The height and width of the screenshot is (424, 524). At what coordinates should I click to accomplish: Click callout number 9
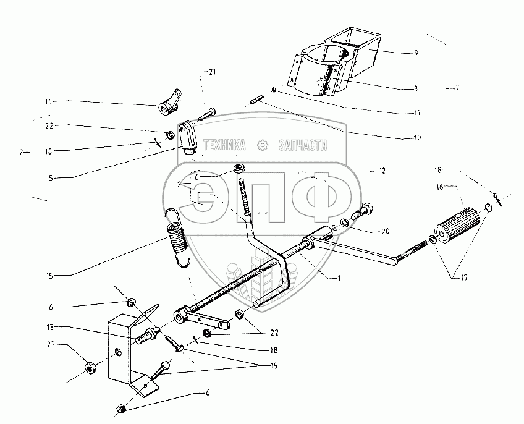416,53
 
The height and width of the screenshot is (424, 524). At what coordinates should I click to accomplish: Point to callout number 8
416,88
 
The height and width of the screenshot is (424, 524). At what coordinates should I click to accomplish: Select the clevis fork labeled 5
187,137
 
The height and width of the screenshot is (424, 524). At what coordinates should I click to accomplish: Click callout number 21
212,73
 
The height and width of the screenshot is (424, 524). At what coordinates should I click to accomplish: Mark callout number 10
416,137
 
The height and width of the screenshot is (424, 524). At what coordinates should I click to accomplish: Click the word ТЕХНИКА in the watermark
224,145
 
